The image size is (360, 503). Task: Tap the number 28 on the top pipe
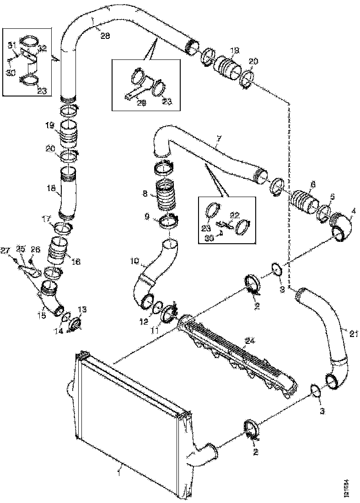click(x=105, y=36)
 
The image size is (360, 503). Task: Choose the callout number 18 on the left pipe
click(x=52, y=187)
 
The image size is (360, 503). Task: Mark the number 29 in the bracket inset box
click(x=142, y=104)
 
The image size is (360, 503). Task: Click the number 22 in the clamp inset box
click(x=234, y=214)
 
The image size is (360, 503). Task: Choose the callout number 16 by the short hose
click(x=76, y=262)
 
